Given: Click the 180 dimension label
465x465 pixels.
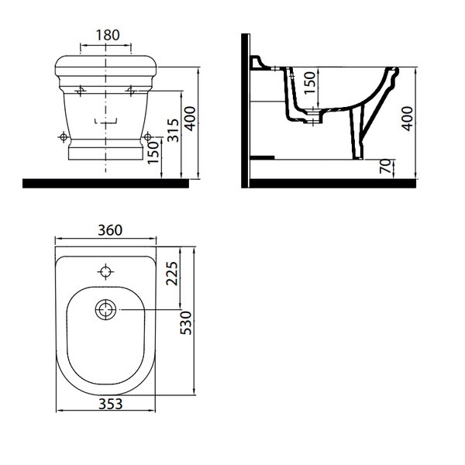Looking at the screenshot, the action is (x=108, y=35).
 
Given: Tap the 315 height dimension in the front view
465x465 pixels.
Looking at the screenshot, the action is (x=173, y=130).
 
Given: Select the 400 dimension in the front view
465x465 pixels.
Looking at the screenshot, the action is (x=190, y=119).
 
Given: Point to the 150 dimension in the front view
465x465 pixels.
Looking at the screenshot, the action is (x=153, y=153).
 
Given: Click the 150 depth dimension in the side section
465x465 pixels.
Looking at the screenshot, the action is (x=309, y=83).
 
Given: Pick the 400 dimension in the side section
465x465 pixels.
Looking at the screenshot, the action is (x=407, y=119).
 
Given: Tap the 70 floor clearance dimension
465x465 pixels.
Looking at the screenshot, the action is (x=385, y=166).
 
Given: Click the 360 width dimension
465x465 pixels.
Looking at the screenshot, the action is (x=110, y=230).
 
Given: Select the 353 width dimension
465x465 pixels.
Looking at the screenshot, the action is (x=110, y=404).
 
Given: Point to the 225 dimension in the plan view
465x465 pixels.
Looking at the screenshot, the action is (x=172, y=274).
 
